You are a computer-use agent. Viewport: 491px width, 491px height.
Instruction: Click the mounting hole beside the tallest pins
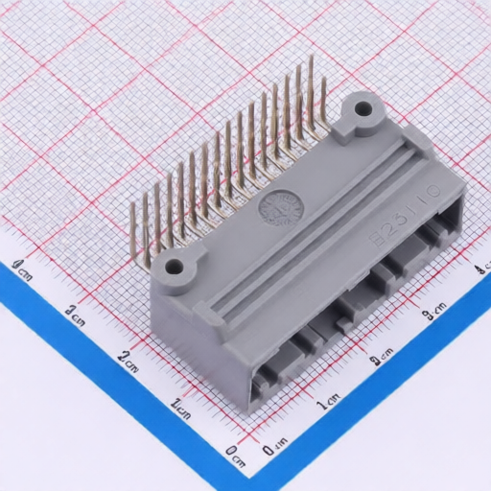pos(362,108)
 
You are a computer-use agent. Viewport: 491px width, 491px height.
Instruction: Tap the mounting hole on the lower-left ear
pos(175,267)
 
